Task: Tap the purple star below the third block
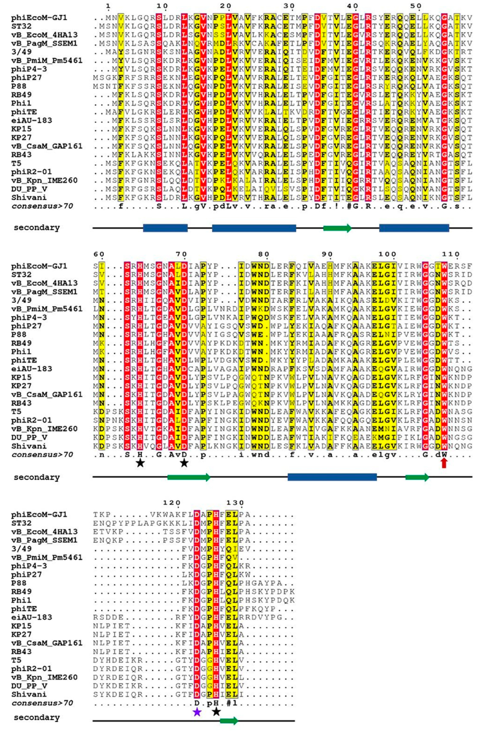click(197, 712)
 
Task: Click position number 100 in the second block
click(389, 254)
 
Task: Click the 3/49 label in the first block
click(21, 52)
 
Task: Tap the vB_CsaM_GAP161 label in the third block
click(47, 643)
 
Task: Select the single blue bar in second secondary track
click(332, 477)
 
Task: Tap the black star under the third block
click(216, 712)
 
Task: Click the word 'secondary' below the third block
click(36, 718)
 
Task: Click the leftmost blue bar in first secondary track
click(165, 228)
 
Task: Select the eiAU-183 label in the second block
click(31, 369)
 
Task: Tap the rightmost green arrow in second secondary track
click(417, 477)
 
